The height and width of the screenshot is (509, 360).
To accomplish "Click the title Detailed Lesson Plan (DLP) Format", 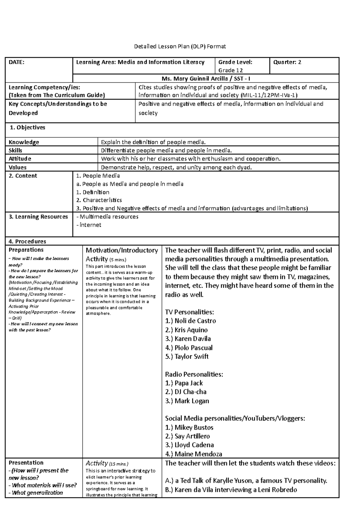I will (180, 46).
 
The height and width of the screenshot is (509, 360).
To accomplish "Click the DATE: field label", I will (16, 62).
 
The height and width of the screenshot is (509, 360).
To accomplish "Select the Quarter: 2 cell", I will (287, 62).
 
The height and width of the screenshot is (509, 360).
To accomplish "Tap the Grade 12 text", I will (230, 70).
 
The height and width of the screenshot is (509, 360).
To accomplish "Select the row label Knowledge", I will (24, 142).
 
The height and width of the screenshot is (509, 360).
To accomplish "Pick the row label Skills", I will (16, 150).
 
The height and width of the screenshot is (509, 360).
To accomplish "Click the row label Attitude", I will (20, 159).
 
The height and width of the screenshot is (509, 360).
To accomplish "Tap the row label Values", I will (18, 167).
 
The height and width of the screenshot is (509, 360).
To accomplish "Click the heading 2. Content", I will (23, 176).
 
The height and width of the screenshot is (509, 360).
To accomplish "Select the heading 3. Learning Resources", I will (38, 217).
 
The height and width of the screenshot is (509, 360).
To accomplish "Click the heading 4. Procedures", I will (27, 241).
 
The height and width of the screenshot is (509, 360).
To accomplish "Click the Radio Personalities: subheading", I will (194, 374).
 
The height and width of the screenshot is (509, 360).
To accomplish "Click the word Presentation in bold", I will (26, 463).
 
